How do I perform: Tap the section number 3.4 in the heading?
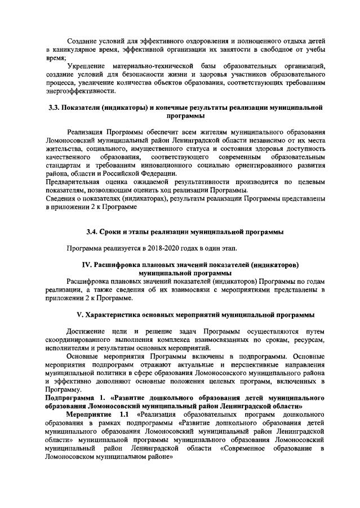92,231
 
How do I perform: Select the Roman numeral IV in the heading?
87,265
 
